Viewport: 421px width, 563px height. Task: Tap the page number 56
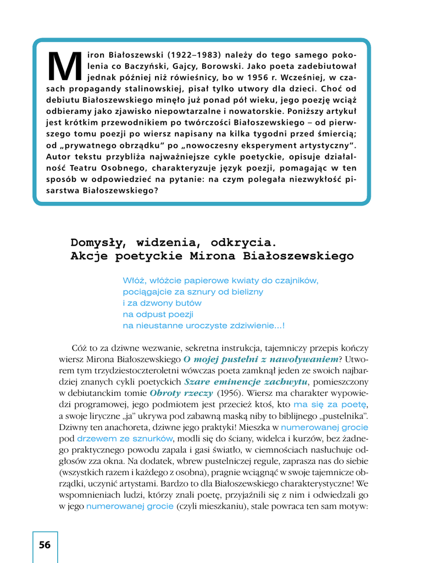(45, 545)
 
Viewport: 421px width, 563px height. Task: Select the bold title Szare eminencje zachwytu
(246, 382)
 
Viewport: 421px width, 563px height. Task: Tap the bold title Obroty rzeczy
(181, 393)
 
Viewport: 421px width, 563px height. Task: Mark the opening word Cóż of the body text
(80, 348)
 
